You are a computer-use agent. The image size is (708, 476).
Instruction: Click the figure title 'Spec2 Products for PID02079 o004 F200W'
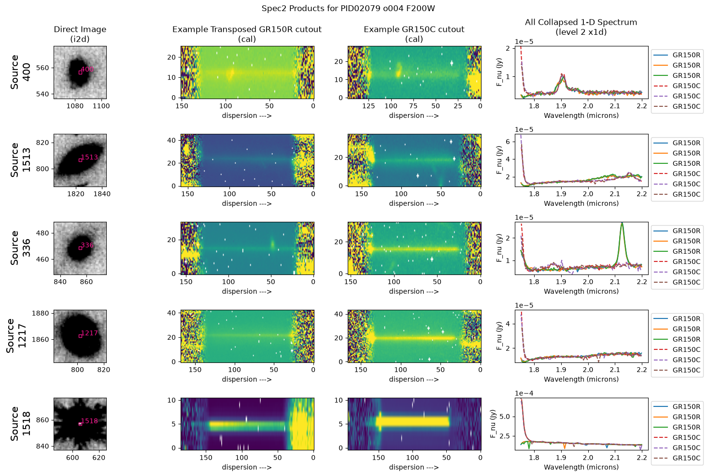pos(348,8)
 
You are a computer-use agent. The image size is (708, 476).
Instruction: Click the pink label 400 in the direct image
pos(87,69)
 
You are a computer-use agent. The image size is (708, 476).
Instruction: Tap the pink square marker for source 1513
pos(80,160)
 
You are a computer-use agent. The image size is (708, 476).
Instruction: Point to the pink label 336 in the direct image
pos(87,245)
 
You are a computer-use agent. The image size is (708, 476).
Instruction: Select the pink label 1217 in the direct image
pos(89,333)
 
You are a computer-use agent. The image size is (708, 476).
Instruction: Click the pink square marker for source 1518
pos(80,424)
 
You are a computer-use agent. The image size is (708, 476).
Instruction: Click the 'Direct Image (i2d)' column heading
pos(80,34)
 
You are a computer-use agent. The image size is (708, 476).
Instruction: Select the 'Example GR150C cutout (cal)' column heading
pos(414,34)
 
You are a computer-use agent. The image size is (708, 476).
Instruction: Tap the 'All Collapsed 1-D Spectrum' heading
pos(581,22)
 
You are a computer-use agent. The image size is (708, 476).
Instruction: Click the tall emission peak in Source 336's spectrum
pos(622,223)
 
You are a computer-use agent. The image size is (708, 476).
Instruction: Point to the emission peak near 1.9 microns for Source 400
pos(562,75)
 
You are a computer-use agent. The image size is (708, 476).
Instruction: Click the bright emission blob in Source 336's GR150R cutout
pos(272,244)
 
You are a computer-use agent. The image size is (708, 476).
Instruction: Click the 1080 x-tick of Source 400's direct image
pos(75,106)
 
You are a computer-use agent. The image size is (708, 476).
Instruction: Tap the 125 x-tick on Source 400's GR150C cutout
pos(368,106)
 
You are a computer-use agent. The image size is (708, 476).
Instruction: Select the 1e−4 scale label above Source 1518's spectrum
pos(524,393)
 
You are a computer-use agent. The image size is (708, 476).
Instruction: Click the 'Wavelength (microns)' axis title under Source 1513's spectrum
pos(581,203)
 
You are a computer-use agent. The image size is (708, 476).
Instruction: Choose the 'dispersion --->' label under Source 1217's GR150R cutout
pos(247,379)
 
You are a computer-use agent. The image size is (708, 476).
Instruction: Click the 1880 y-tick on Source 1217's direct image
pos(41,314)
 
